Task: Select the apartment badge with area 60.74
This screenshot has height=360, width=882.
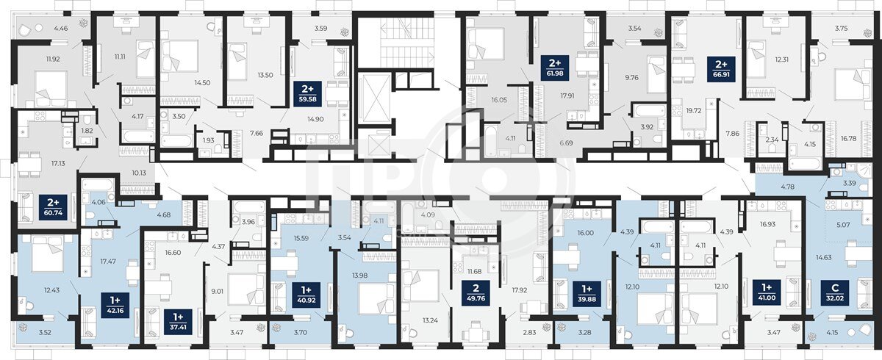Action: point(53,208)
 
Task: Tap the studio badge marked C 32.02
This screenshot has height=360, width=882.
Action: point(834,292)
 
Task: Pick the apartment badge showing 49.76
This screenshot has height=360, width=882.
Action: point(476,292)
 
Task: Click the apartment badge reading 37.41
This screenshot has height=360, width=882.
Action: point(179,322)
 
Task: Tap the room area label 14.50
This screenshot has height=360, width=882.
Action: point(202,83)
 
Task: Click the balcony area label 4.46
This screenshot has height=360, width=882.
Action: point(61,29)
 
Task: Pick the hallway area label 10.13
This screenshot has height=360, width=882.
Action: point(139,173)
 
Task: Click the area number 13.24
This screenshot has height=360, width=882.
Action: point(430,320)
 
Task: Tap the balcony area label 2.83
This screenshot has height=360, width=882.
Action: point(529,333)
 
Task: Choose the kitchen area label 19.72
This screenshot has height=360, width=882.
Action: point(694,111)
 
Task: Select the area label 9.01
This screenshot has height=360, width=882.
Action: point(218,292)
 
